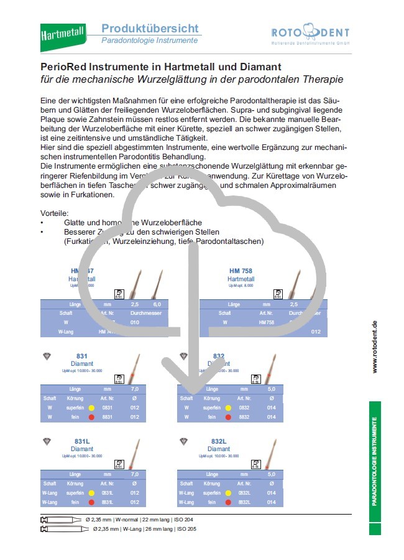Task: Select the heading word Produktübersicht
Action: coord(150,28)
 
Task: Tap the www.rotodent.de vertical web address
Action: coord(374,347)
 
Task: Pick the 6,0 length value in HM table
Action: coord(157,304)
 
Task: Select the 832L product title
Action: coord(218,441)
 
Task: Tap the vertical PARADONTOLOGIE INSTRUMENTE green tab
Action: coord(374,467)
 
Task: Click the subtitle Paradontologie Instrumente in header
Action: coord(150,40)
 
